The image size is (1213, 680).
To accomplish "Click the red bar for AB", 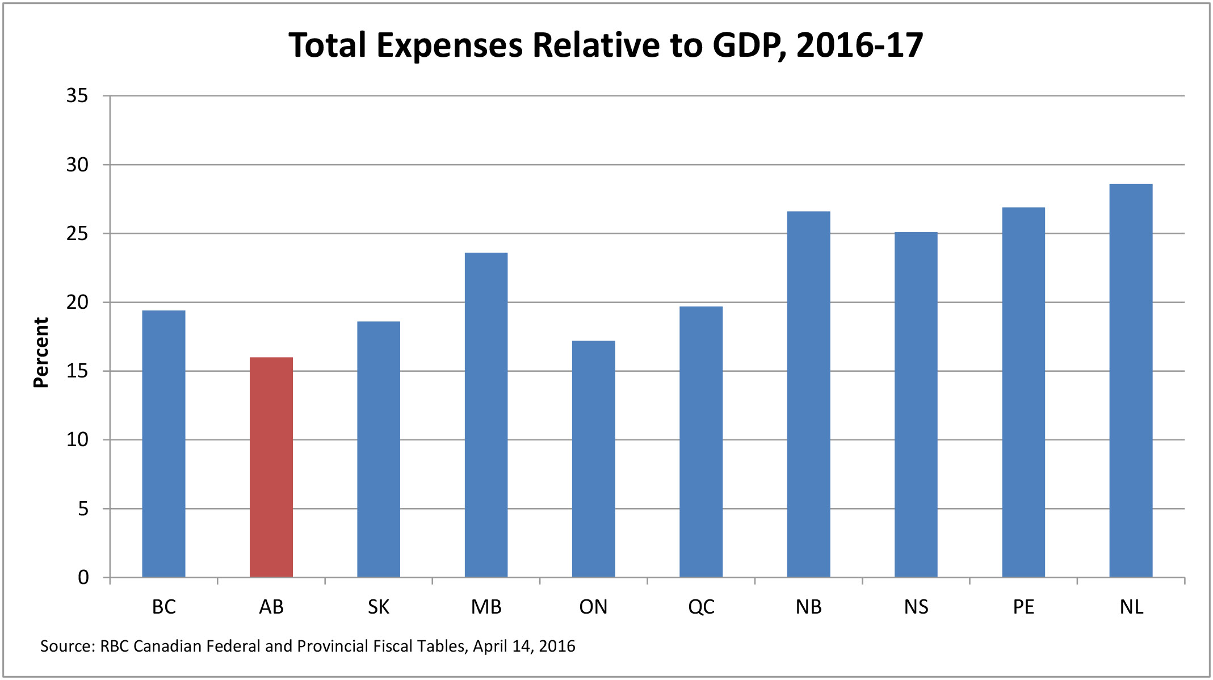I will (271, 467).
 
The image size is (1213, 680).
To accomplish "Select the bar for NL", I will (1131, 380).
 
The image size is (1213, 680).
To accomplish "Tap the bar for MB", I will (486, 415).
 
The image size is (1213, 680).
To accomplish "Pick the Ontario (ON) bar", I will (593, 459).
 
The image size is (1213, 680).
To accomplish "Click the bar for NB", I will (808, 394).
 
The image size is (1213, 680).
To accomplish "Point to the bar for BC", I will (163, 443).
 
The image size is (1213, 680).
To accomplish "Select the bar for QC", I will (701, 442).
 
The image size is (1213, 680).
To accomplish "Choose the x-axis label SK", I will (379, 607).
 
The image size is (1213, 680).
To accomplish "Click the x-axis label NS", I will (916, 607).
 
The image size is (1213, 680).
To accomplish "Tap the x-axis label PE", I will (1023, 607).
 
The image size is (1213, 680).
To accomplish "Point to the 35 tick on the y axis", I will (77, 96).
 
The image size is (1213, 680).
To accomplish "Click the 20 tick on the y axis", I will (77, 303).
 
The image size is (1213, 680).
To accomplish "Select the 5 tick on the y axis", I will (83, 509).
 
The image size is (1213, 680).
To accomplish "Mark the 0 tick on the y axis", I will (83, 578).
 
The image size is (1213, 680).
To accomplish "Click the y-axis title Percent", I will (41, 352).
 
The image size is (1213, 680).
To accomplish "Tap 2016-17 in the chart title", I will (859, 45).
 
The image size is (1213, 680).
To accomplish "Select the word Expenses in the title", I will (449, 45).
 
